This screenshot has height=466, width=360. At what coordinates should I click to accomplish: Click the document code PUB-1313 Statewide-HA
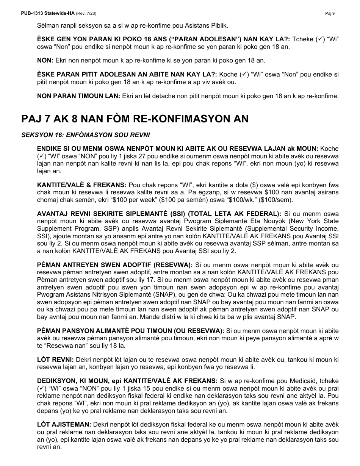[48, 13]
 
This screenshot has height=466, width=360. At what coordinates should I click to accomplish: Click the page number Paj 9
[330, 13]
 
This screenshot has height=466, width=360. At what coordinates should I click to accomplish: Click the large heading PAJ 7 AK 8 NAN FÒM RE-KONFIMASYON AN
[135, 119]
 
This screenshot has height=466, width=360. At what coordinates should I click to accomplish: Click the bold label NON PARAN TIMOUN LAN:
[79, 96]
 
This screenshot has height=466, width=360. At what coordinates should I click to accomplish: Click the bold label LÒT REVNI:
[55, 359]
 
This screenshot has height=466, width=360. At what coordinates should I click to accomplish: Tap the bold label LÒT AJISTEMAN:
[64, 425]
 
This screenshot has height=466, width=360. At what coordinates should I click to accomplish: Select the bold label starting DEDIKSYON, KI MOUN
[127, 380]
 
